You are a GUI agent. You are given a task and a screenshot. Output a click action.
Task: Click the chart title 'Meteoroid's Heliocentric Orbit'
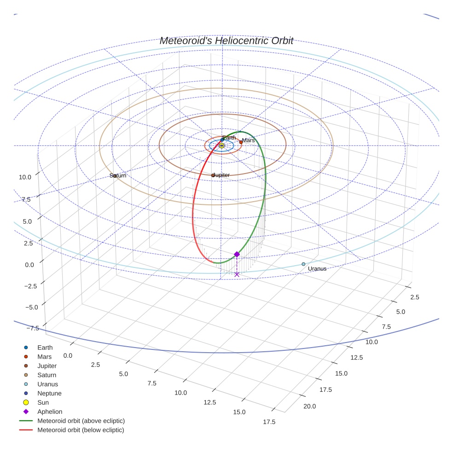point(226,41)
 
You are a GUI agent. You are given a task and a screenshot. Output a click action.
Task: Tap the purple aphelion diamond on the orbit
point(237,254)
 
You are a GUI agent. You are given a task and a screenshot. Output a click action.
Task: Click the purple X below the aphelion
point(237,274)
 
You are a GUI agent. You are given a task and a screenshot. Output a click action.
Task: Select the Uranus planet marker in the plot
point(303,264)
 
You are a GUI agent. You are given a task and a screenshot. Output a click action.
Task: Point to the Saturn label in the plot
point(118,176)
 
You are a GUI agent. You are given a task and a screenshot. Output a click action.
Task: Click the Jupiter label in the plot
point(221,175)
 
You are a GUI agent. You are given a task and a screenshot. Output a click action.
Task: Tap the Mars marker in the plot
point(241,142)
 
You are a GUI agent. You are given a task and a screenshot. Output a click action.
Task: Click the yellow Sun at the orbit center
point(221,145)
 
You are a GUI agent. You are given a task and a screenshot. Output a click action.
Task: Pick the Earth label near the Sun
point(229,138)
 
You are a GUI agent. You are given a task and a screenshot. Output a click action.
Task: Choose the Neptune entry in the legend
point(49,393)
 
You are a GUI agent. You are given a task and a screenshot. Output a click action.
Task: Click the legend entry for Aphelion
point(50,412)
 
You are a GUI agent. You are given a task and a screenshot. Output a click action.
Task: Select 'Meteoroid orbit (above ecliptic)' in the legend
point(81,421)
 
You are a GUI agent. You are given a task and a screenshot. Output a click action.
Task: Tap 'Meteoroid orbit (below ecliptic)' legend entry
point(81,430)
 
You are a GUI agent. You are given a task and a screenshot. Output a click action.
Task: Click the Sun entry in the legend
point(43,402)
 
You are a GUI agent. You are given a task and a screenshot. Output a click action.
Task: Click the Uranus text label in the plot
point(317,269)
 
